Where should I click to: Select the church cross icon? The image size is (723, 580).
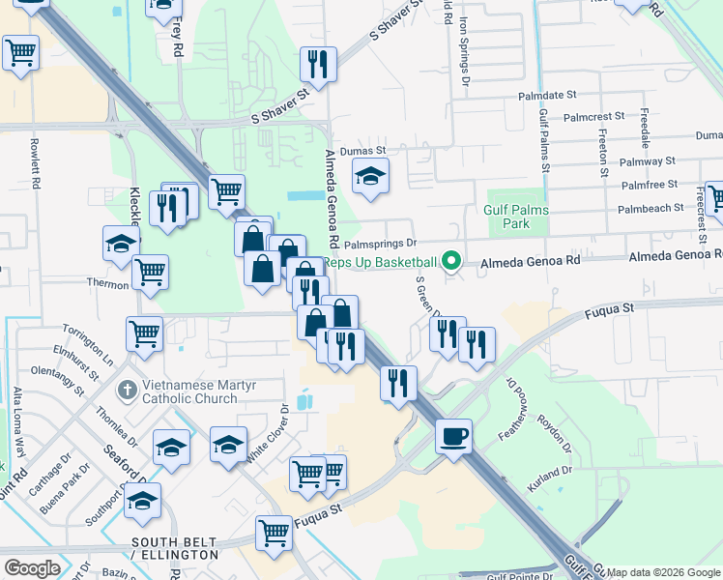[x=126, y=391]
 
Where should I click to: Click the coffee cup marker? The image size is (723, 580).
[x=453, y=437]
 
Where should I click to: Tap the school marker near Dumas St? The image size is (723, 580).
[x=368, y=178]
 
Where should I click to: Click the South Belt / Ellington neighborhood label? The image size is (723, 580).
[x=176, y=548]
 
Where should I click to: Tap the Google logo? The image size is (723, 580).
[x=33, y=567]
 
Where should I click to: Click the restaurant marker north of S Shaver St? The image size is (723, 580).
[x=317, y=65]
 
